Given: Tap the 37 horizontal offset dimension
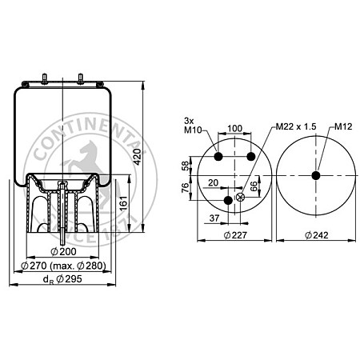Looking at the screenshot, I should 214,217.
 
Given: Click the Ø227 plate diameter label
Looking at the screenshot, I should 235,235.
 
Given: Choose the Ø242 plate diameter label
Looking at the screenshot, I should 316,235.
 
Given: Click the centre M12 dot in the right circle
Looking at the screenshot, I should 316,176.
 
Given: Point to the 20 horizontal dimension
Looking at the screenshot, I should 214,182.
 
